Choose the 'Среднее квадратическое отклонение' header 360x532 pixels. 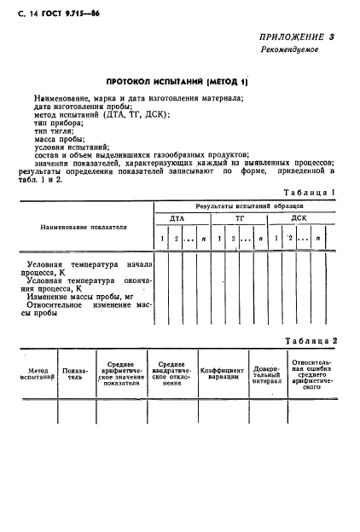(x=172, y=373)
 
